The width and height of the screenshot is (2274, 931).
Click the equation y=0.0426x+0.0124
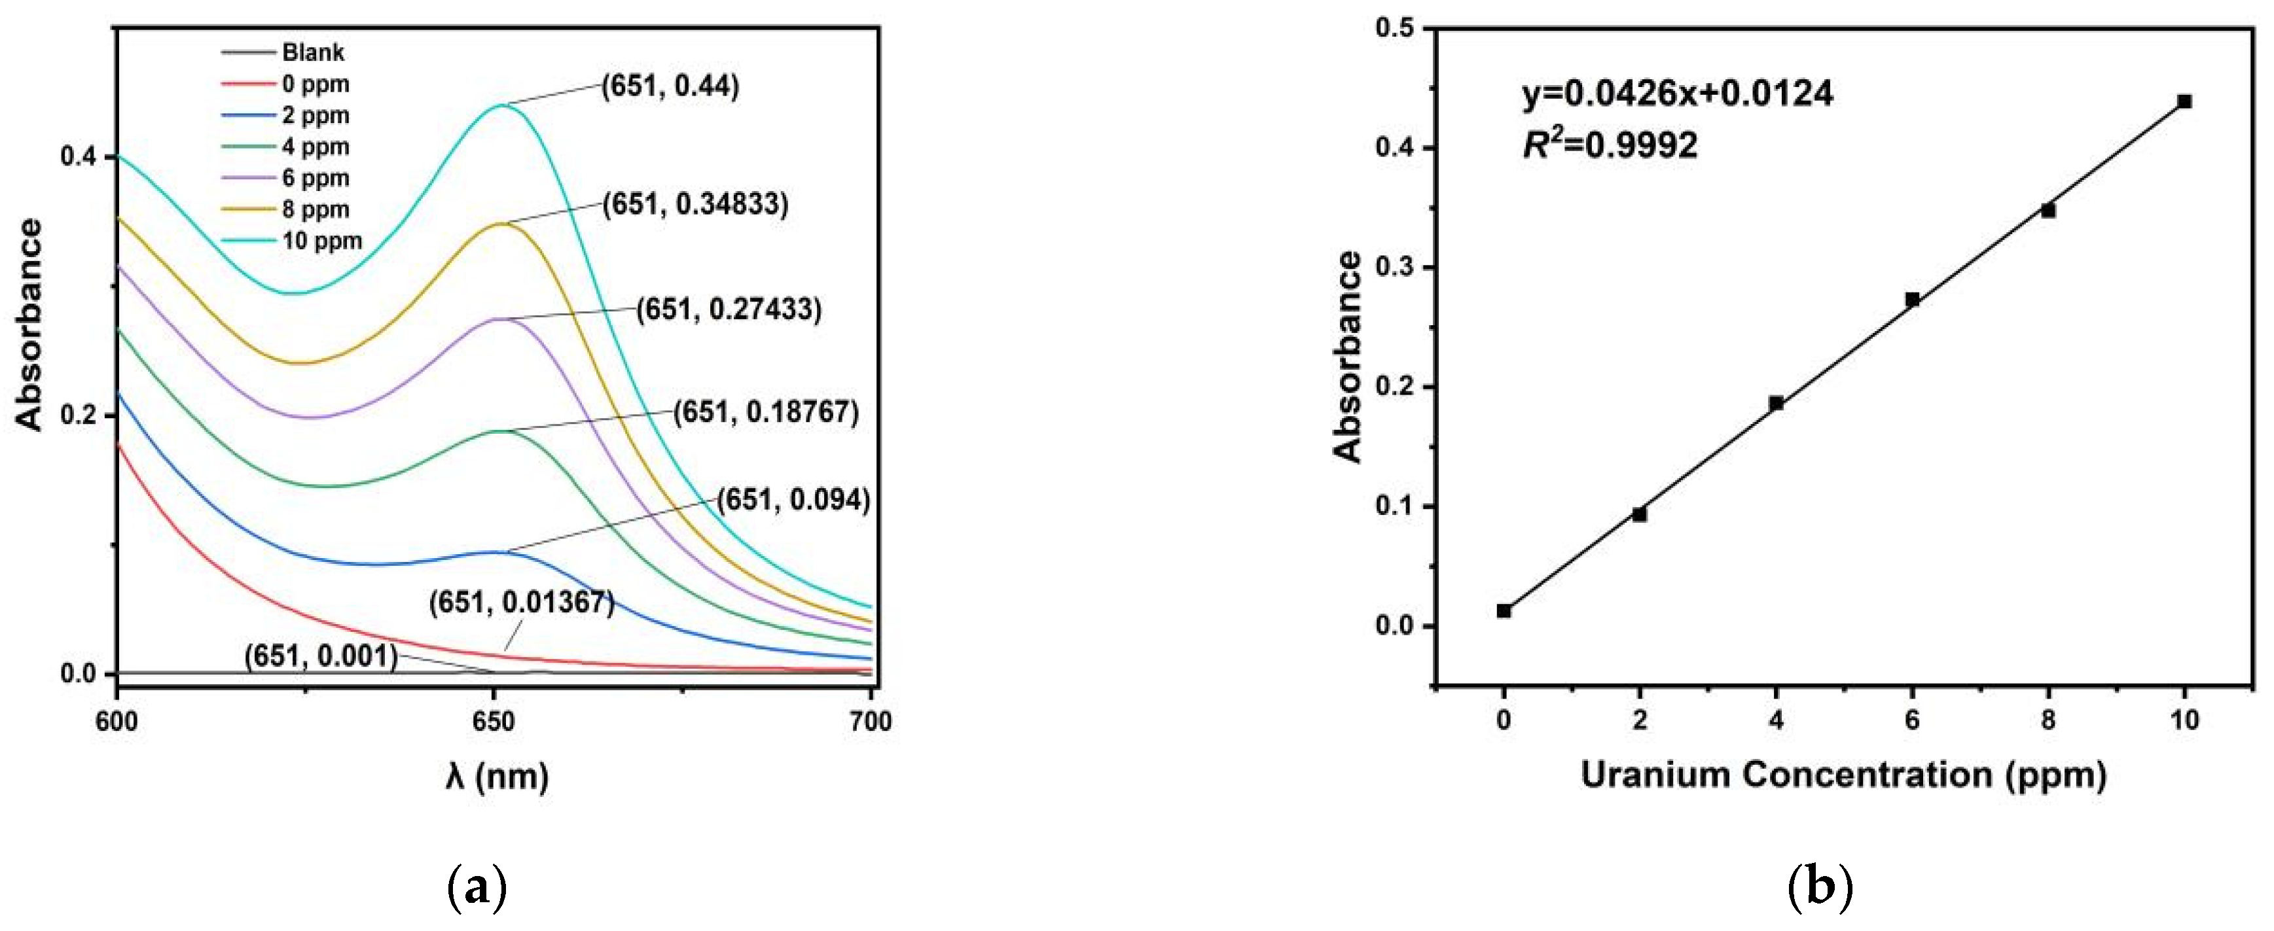[1677, 94]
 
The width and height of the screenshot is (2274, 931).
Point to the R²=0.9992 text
[1610, 145]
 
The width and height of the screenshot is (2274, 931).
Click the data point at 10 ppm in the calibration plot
[2184, 102]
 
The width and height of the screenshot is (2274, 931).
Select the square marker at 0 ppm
[1504, 610]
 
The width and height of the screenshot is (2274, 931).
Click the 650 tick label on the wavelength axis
[494, 722]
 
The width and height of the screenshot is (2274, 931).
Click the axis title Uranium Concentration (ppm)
[1843, 776]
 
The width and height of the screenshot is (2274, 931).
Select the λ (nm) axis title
[497, 777]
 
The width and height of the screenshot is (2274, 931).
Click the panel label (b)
[1819, 886]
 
